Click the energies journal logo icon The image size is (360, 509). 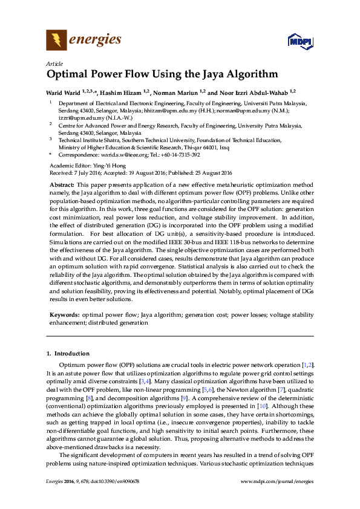tap(57, 41)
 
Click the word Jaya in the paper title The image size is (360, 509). tap(205, 76)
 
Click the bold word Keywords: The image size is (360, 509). tap(64, 315)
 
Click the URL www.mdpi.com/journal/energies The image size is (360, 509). tap(277, 498)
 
